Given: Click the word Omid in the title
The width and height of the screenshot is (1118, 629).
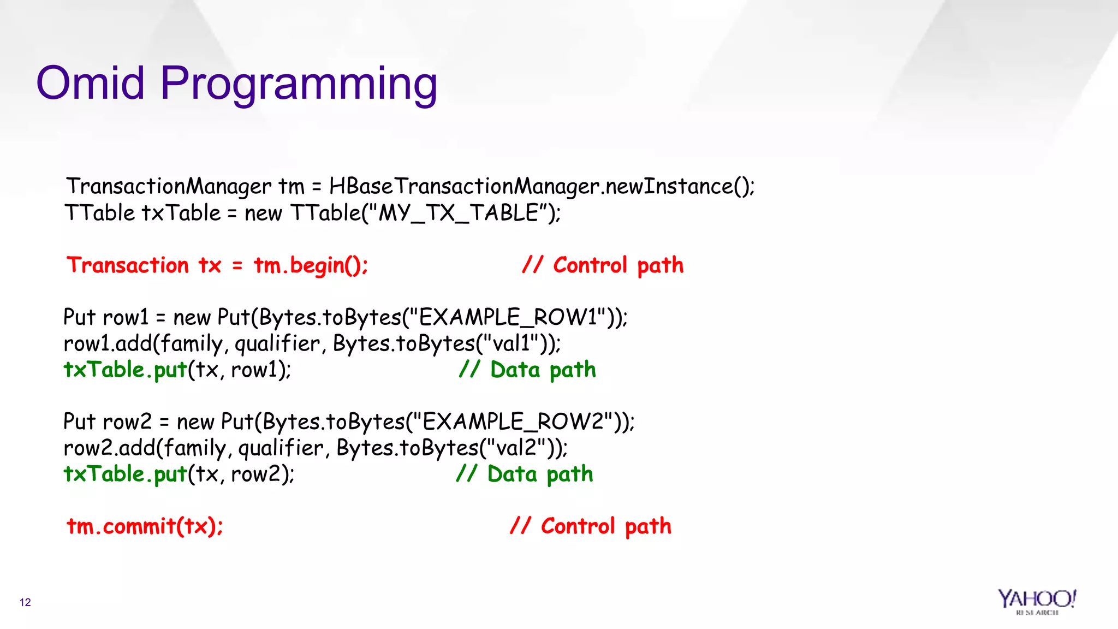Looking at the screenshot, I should pyautogui.click(x=90, y=83).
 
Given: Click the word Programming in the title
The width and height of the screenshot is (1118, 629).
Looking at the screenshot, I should pyautogui.click(x=299, y=85).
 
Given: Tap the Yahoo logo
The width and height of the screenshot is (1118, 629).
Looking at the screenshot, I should pyautogui.click(x=1037, y=601).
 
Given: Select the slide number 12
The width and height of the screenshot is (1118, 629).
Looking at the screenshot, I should pyautogui.click(x=25, y=602).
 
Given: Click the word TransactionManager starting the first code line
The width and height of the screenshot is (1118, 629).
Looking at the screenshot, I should pyautogui.click(x=169, y=187).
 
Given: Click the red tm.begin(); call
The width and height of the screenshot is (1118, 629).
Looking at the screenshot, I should pyautogui.click(x=311, y=266).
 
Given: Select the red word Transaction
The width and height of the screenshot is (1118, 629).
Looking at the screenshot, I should pyautogui.click(x=128, y=265).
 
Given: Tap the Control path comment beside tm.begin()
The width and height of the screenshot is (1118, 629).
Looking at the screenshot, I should pyautogui.click(x=603, y=265).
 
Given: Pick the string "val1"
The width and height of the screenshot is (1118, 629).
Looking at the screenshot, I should pyautogui.click(x=510, y=343).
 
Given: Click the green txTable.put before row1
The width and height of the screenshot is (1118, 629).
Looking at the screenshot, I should pyautogui.click(x=126, y=370).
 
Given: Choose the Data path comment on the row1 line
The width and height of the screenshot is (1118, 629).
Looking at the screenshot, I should pyautogui.click(x=527, y=370).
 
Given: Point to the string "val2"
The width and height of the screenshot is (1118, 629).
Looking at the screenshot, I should pyautogui.click(x=515, y=448).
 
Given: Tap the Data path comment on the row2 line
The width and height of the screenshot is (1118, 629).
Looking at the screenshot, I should pyautogui.click(x=525, y=474).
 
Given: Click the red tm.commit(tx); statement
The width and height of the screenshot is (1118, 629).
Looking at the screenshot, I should pyautogui.click(x=145, y=526).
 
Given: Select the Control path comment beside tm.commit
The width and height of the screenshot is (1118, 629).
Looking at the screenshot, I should pyautogui.click(x=591, y=526).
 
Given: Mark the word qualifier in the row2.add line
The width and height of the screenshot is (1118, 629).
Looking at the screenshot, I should pyautogui.click(x=281, y=448).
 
